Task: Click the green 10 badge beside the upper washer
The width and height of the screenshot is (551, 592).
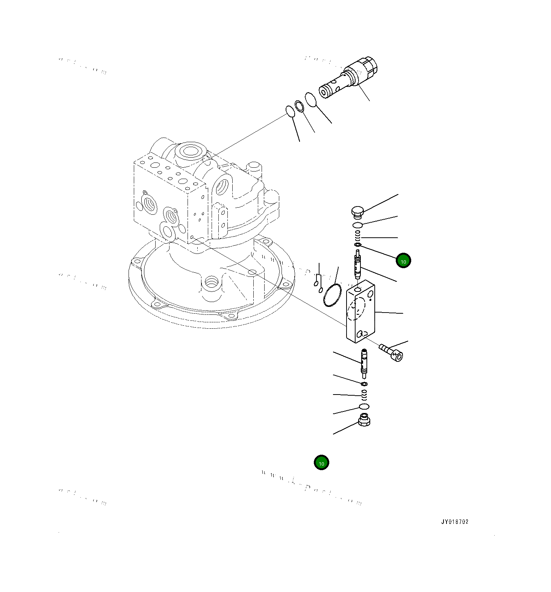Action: [x=403, y=261]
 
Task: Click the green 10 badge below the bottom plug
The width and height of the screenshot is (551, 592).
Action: [x=321, y=463]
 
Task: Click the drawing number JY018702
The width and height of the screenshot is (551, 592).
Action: [x=455, y=522]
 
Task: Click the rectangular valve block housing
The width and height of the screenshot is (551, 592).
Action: [x=360, y=312]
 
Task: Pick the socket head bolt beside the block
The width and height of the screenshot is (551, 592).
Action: [x=391, y=352]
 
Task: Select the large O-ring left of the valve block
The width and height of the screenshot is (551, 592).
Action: [x=332, y=295]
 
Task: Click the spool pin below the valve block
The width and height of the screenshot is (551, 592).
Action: [x=364, y=363]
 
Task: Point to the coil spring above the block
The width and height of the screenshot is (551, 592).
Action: [x=358, y=236]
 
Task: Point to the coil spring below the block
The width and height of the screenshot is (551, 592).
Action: [x=364, y=395]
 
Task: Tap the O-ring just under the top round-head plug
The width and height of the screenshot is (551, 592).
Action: [x=358, y=225]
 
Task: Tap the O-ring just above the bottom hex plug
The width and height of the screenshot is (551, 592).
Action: [x=364, y=406]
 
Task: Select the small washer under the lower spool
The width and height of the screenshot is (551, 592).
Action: [x=364, y=384]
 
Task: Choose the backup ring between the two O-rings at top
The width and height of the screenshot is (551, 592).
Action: [x=299, y=106]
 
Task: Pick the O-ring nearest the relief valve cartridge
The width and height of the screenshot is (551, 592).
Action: [x=310, y=100]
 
